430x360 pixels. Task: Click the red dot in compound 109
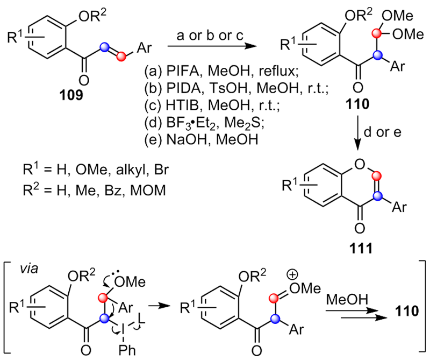[122, 56]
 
